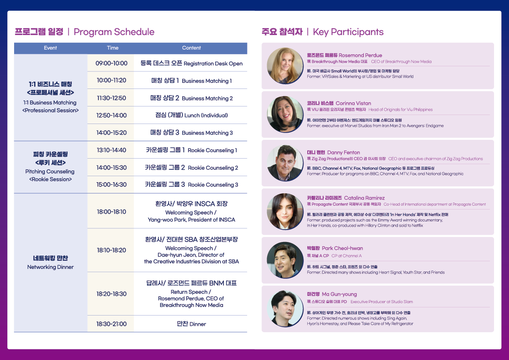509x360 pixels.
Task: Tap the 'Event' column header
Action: (x=50, y=48)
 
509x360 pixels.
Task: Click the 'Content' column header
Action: (x=191, y=48)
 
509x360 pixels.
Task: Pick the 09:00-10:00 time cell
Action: (x=112, y=63)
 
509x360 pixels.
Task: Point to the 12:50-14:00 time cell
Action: (x=112, y=115)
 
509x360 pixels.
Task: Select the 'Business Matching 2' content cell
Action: (x=191, y=98)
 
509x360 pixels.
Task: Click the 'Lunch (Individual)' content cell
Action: (x=191, y=115)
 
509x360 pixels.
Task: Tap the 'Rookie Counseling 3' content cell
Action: (x=191, y=184)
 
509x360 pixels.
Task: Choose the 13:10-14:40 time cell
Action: (x=112, y=150)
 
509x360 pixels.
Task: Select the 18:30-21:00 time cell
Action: (x=112, y=324)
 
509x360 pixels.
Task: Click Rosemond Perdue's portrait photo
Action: (x=285, y=66)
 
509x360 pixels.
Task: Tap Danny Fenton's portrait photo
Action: (x=285, y=163)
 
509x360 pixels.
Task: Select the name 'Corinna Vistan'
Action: (x=353, y=103)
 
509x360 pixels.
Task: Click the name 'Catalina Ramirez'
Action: (x=364, y=198)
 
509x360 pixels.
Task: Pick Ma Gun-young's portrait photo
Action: (x=285, y=309)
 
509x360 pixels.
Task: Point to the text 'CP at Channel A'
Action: (x=346, y=256)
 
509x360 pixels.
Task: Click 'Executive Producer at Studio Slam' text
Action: (x=381, y=302)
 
